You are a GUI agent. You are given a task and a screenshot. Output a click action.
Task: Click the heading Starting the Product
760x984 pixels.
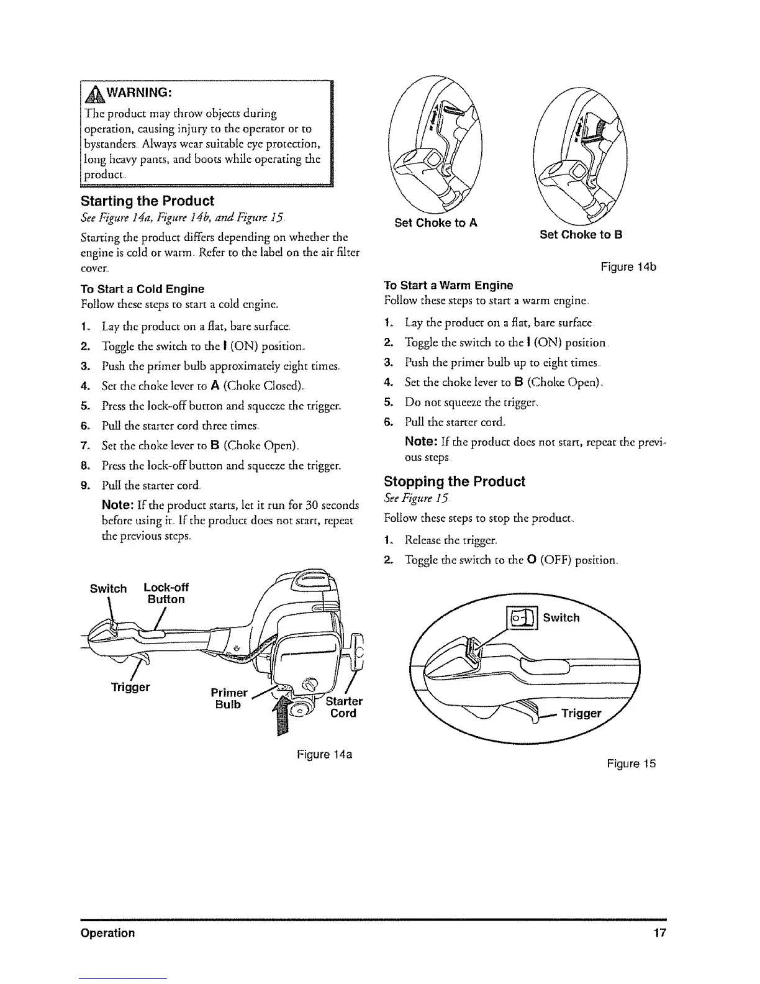(147, 201)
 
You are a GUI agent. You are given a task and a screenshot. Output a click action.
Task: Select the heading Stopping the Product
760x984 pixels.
(454, 482)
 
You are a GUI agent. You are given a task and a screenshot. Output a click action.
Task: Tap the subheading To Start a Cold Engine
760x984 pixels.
(142, 289)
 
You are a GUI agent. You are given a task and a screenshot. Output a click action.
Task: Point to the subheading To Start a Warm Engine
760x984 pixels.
(448, 285)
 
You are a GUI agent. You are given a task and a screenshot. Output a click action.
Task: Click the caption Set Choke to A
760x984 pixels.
(436, 223)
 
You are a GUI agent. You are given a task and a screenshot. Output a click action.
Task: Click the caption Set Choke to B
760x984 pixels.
(581, 234)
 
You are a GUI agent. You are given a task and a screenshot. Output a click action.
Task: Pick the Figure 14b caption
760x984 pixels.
(628, 267)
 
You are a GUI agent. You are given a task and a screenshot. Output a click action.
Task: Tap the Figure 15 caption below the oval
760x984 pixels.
(631, 763)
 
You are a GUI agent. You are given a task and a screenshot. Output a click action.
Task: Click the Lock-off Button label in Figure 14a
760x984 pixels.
(166, 594)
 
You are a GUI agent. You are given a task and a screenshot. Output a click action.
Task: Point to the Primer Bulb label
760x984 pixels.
(229, 699)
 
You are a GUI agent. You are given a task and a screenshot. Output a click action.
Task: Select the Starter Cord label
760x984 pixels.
(343, 708)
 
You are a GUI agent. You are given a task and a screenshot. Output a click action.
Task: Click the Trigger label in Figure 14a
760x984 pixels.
(130, 687)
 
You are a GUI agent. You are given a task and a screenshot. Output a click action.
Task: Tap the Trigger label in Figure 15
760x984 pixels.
(581, 713)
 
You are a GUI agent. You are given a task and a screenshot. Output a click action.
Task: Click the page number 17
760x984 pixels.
(659, 932)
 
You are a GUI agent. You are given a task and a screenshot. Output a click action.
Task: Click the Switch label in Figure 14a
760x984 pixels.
(108, 588)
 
